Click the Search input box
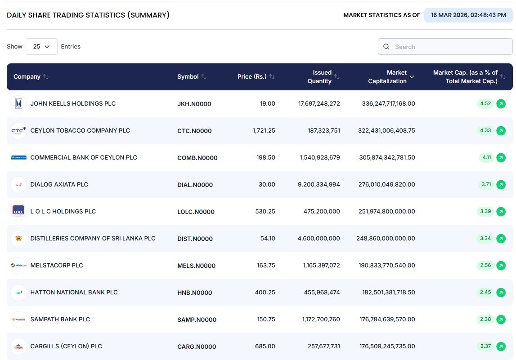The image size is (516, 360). coord(450,47)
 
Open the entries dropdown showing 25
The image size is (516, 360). coord(41,47)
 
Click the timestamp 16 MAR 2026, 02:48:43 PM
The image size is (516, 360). coord(468,15)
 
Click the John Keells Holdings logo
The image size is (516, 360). coord(18,104)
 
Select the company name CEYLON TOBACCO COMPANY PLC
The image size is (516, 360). coord(80,131)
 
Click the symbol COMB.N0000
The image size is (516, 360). coord(197,158)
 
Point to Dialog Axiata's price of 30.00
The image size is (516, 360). coord(267,185)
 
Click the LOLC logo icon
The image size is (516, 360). coord(18,212)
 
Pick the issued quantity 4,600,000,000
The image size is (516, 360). coord(319,239)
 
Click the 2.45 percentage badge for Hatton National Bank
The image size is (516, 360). coord(485,293)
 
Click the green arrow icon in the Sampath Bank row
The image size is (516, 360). coord(501,320)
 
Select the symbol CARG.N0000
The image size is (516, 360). coord(197,347)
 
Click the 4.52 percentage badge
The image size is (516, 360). coord(485,104)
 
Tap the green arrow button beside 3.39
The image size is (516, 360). coord(501,212)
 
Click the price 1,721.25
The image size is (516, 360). coord(264,131)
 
